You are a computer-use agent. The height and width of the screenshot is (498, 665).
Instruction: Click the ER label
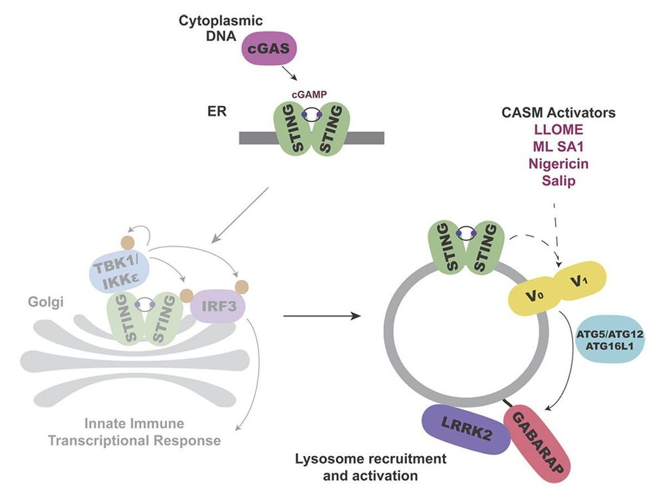pos(215,111)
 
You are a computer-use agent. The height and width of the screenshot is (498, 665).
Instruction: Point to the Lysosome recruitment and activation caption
pos(370,467)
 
